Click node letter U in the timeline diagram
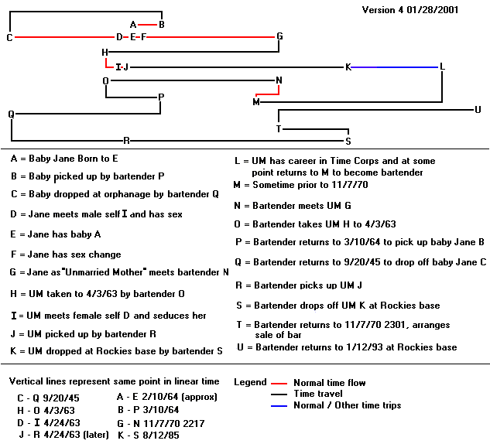tap(478, 110)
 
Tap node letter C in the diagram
tap(10, 37)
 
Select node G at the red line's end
tap(279, 36)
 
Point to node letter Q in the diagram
tap(11, 114)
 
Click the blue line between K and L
tap(394, 67)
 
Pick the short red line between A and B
tap(147, 25)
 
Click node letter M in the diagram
tap(256, 102)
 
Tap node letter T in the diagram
tap(279, 128)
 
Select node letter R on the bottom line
tap(126, 141)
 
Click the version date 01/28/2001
tap(433, 10)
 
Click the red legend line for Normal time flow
tap(279, 383)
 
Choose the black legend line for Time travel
tap(279, 394)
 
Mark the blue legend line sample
tap(279, 406)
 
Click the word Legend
tap(250, 382)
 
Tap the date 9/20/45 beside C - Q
tap(61, 398)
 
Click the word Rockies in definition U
tap(413, 347)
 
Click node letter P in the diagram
tap(161, 97)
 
